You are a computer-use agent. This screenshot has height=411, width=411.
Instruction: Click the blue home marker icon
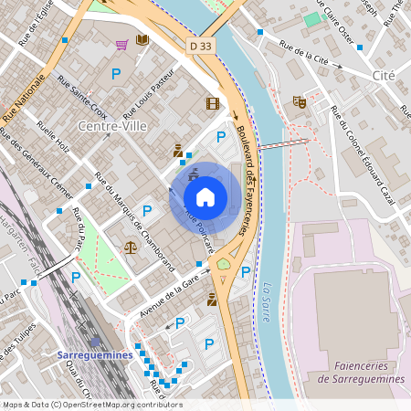point(205,196)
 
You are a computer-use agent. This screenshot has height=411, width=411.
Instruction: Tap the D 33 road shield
point(201,45)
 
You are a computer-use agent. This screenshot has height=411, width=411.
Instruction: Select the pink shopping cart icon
point(121,44)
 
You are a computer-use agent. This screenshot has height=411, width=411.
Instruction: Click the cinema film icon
point(213,103)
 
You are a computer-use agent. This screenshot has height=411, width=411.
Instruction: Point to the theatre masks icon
point(298,101)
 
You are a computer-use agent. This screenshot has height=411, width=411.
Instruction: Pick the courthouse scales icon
point(130,246)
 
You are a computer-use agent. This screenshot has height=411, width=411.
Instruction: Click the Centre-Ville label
point(112,126)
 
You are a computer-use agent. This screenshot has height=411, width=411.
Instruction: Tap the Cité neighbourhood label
point(384,74)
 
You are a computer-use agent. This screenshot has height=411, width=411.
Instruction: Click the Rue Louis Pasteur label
point(148,93)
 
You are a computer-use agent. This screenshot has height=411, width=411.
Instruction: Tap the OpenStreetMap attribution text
point(91,405)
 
